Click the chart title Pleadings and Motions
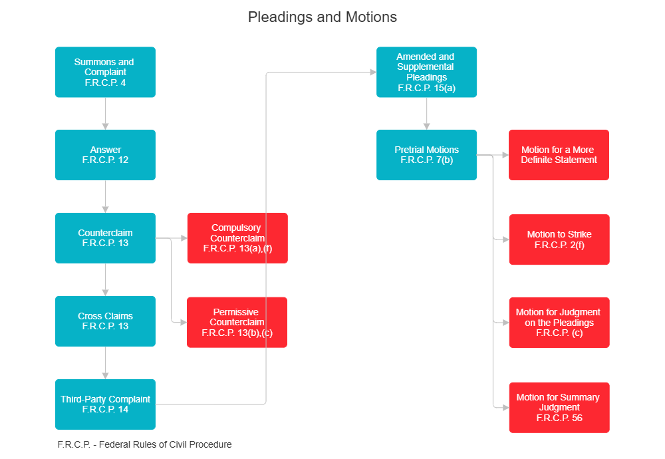click(x=323, y=17)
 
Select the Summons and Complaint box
click(x=105, y=72)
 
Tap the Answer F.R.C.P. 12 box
click(x=105, y=154)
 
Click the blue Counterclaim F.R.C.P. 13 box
click(x=105, y=237)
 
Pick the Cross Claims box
click(x=105, y=321)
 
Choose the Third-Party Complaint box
click(x=105, y=404)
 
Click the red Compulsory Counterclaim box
click(x=237, y=237)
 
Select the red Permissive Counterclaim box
click(x=237, y=322)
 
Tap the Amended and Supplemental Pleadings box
click(x=426, y=72)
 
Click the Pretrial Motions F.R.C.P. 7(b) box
click(x=426, y=154)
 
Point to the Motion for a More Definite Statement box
click(x=559, y=154)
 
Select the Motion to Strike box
click(x=559, y=239)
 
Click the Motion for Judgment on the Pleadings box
click(x=559, y=322)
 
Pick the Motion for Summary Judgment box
click(x=559, y=407)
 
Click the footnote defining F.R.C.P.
click(x=144, y=444)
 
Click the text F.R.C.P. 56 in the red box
click(x=559, y=418)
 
